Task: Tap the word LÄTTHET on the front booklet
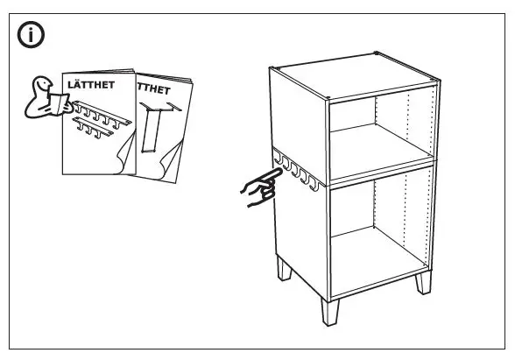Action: coord(92,87)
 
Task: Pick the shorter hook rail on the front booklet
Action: coord(92,130)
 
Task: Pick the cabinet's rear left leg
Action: coord(285,268)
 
